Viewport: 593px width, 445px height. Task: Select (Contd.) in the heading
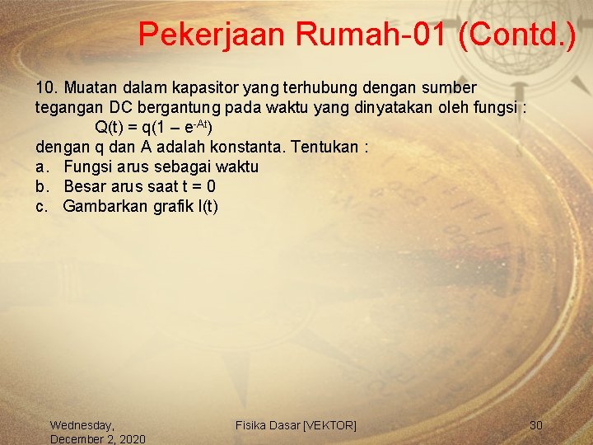pyautogui.click(x=518, y=34)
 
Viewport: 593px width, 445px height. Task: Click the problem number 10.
pyautogui.click(x=46, y=87)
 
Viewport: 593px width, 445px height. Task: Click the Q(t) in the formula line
pyautogui.click(x=108, y=128)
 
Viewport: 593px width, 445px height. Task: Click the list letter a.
pyautogui.click(x=42, y=167)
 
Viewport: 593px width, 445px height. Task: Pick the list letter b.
pyautogui.click(x=42, y=187)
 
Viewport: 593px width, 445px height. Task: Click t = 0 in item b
pyautogui.click(x=198, y=187)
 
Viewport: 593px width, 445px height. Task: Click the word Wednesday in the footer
pyautogui.click(x=82, y=425)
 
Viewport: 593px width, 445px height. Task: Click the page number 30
pyautogui.click(x=536, y=425)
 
